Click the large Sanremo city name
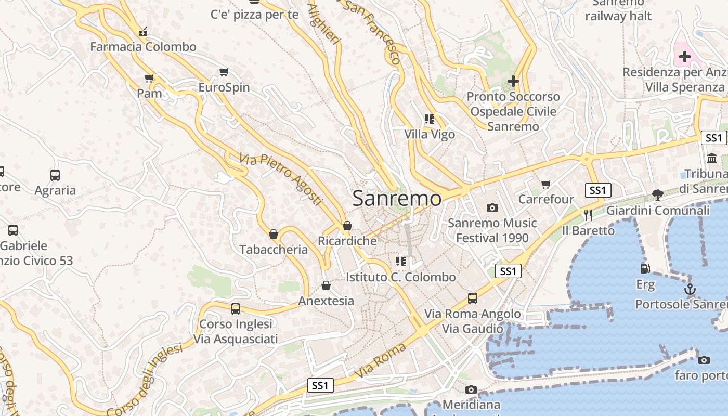397,198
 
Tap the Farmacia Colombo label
143,47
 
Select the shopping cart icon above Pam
149,79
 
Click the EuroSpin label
224,87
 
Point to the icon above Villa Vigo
429,119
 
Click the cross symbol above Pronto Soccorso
513,81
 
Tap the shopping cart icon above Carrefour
545,184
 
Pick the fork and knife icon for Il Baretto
588,215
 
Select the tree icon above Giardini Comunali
657,195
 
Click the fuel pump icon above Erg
645,269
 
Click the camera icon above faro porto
704,360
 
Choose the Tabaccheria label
274,250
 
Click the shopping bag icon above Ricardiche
347,226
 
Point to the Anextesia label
326,301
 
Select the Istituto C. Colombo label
400,277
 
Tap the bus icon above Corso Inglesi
236,309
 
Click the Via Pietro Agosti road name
281,178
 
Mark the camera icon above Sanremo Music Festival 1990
492,208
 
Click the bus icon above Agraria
55,175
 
